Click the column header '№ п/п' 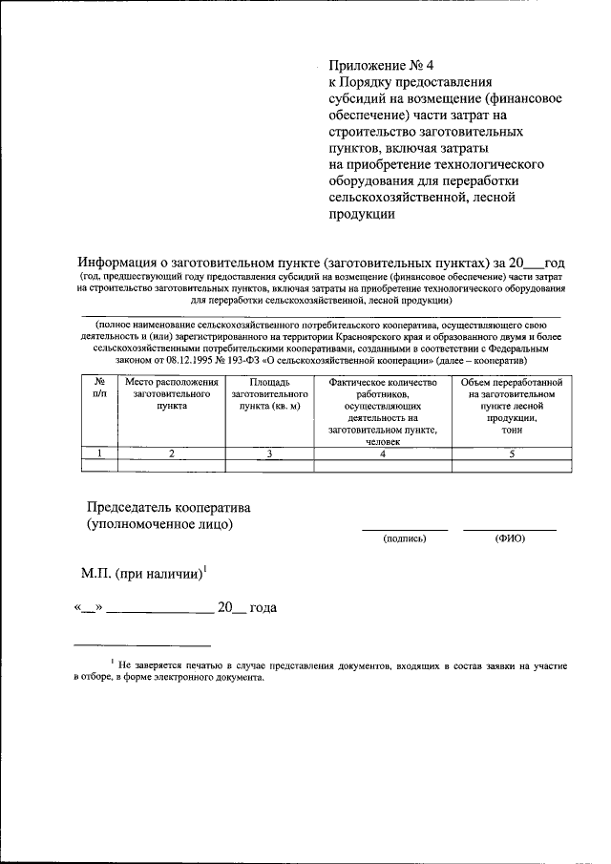pyautogui.click(x=98, y=388)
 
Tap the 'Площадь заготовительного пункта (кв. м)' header pyautogui.click(x=270, y=393)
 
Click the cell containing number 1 pyautogui.click(x=98, y=453)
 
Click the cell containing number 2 pyautogui.click(x=172, y=453)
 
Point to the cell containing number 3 pyautogui.click(x=270, y=453)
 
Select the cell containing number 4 pyautogui.click(x=382, y=453)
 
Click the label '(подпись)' pyautogui.click(x=404, y=539)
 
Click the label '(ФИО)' pyautogui.click(x=510, y=539)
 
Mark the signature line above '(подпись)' pyautogui.click(x=404, y=529)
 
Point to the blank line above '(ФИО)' pyautogui.click(x=510, y=529)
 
